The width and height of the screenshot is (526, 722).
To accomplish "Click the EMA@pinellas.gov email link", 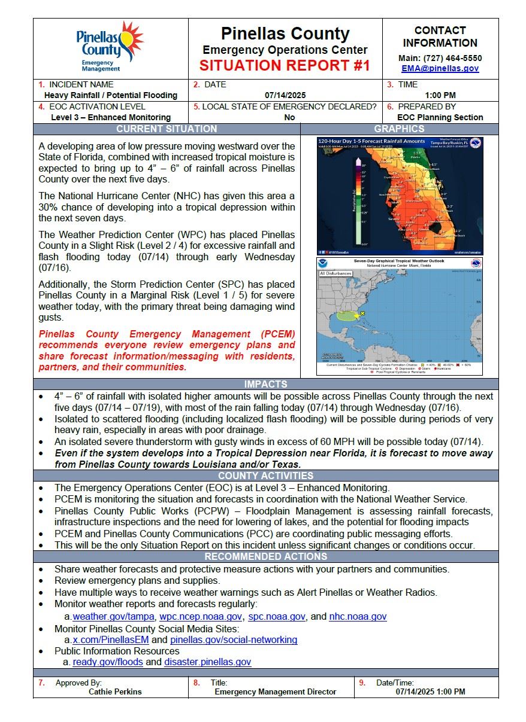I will coord(440,69).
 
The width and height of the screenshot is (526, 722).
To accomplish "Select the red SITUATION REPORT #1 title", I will coord(285,65).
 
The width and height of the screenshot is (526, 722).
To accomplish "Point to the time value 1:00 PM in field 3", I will coord(440,95).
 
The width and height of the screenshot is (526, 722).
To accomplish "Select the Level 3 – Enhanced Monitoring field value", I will coord(111,118).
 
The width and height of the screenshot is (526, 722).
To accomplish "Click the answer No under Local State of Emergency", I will coord(289,118).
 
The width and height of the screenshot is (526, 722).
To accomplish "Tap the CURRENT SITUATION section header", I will coord(167,129).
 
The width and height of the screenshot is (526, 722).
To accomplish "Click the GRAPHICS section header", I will coord(399,129).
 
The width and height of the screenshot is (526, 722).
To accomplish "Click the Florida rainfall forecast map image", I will coord(400,196).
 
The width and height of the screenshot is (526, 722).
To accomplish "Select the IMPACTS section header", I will coord(265,384).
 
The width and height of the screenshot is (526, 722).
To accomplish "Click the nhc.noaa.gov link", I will coord(358,617).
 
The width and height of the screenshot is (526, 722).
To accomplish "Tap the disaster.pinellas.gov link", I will coord(207,662).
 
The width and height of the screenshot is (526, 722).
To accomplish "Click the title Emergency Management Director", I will coord(276,692).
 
